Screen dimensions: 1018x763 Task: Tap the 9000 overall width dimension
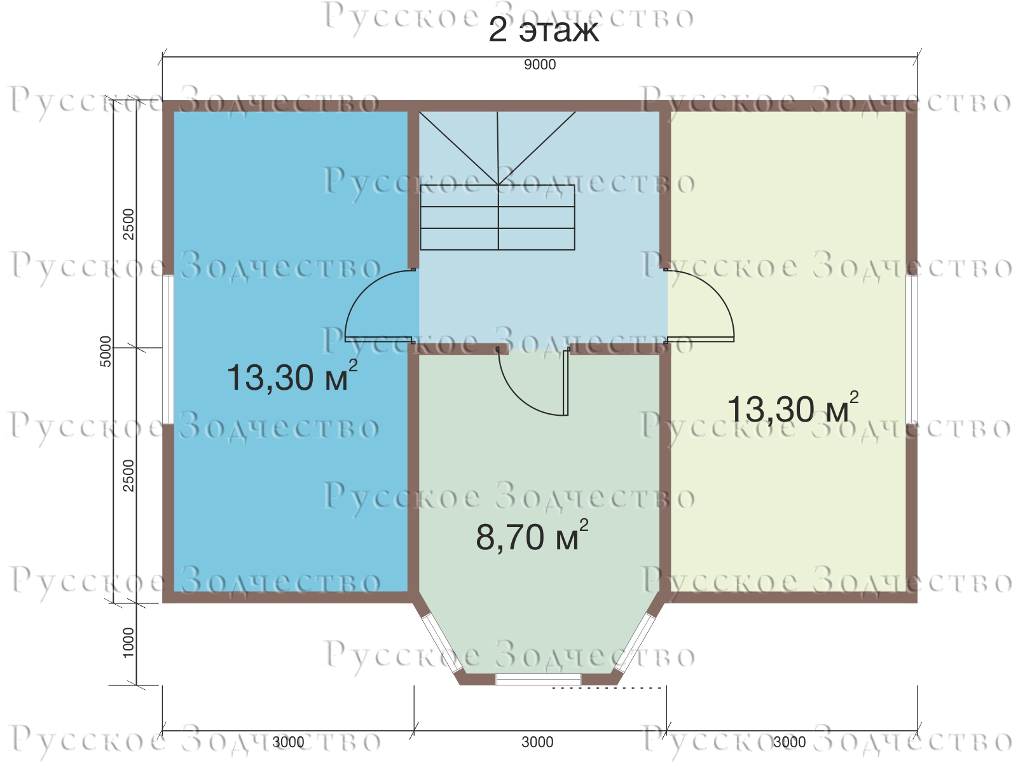[540, 65]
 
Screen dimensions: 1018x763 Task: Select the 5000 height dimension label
[106, 352]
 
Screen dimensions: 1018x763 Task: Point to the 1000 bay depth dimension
[128, 642]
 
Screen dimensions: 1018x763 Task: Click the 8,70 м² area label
[532, 535]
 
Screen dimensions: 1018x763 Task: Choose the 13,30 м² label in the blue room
[292, 376]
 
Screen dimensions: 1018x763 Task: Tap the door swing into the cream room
[699, 306]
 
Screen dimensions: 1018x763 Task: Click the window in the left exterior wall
[167, 349]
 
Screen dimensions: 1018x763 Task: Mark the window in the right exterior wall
[911, 349]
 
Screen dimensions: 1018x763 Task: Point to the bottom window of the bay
[538, 680]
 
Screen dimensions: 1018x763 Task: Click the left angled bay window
[442, 643]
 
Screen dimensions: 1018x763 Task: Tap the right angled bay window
[635, 643]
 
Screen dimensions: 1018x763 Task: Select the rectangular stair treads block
[498, 217]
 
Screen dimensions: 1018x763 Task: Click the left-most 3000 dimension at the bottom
[288, 742]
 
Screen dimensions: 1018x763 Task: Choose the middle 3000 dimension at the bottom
[537, 742]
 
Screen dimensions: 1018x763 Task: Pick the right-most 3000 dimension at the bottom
[789, 742]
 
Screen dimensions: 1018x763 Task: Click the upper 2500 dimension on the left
[128, 224]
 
